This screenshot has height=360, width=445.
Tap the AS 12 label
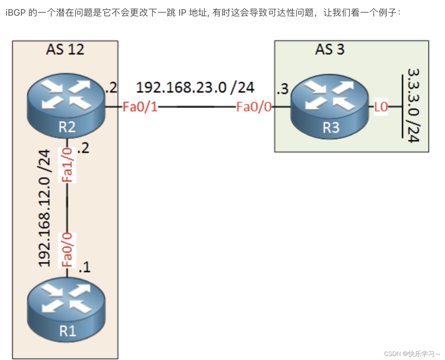pos(65,50)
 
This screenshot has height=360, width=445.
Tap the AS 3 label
pos(330,50)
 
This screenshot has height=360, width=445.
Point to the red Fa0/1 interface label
pos(140,107)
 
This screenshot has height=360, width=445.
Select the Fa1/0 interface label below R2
pos(68,165)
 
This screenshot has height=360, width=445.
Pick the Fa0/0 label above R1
pos(68,250)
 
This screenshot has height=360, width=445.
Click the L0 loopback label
pos(381,107)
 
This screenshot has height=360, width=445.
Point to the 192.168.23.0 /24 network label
pos(195,88)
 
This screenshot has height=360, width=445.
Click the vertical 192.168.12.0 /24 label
pos(45,208)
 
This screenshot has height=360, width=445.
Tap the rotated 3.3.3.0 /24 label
pos(413,105)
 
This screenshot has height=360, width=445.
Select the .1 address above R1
pos(84,267)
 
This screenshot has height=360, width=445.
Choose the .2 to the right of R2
pos(111,88)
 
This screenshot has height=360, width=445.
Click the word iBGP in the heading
pos(15,13)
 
